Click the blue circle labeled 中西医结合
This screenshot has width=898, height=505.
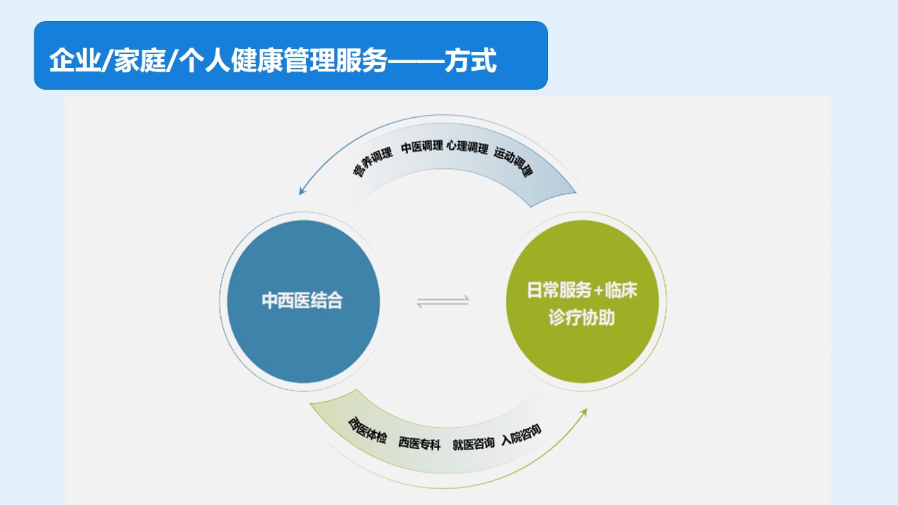pos(304,302)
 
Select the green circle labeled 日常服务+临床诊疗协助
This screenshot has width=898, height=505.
pos(582,302)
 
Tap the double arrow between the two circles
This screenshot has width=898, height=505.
pos(443,302)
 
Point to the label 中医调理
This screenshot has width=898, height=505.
pos(422,147)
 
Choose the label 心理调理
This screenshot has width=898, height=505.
pos(467,147)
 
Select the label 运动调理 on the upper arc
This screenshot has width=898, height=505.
pos(514,161)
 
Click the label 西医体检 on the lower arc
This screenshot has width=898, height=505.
pos(367,431)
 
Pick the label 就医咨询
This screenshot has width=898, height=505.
pos(474,444)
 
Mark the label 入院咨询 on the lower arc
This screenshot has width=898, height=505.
pos(521,434)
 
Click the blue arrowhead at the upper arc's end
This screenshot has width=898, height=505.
pos(302,190)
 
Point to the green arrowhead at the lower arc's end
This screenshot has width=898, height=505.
pos(584,413)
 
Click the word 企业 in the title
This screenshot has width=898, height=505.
pos(75,60)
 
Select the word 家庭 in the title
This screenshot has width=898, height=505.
pos(140,60)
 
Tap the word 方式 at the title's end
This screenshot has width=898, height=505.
pos(471,60)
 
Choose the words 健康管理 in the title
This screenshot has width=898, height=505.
pos(283,60)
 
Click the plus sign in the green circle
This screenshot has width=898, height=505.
pos(598,290)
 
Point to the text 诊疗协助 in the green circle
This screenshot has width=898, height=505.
pos(582,318)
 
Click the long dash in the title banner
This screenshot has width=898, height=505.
pos(416,61)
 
